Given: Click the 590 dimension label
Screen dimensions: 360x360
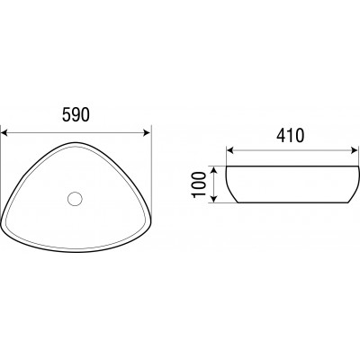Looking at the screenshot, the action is [76, 114].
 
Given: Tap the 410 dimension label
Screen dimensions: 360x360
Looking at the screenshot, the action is [290, 135].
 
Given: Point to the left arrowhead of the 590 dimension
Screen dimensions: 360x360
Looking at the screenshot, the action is [4, 132].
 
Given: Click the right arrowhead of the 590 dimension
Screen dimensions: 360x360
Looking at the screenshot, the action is [147, 132].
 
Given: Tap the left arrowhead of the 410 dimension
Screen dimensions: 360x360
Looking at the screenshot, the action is [229, 150].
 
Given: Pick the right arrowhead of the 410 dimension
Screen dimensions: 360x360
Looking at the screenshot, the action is [355, 150].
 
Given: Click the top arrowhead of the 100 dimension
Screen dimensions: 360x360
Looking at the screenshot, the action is [213, 170].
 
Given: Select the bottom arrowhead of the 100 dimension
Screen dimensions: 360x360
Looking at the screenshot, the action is [213, 199].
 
